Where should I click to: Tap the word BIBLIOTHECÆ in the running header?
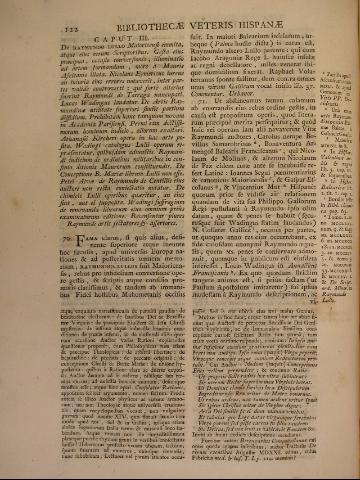pos(127,25)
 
